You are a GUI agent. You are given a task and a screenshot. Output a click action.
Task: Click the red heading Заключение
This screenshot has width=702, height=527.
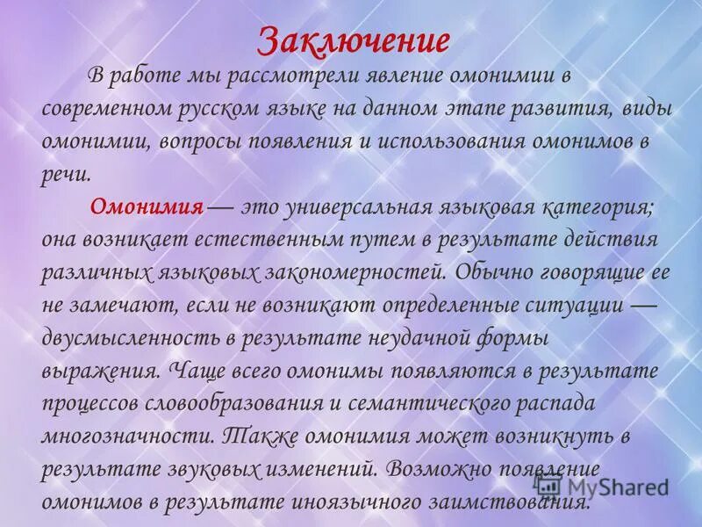pos(355,40)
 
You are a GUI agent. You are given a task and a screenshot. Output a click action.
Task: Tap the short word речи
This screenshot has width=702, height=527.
pos(65,174)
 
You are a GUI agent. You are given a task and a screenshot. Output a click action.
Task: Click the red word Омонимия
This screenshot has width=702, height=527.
pos(147,207)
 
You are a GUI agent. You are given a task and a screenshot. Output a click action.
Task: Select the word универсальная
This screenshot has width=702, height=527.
pos(350,207)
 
